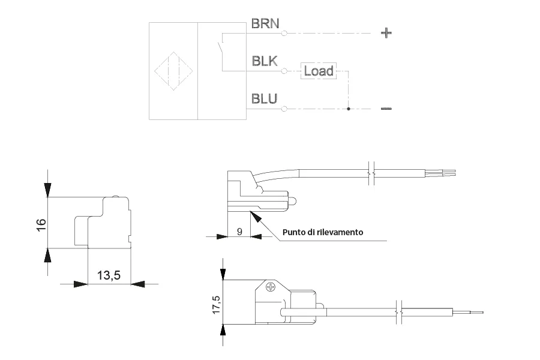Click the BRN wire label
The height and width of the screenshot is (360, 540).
click(x=265, y=23)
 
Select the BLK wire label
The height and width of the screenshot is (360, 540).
click(x=265, y=61)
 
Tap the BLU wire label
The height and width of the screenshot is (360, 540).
click(x=264, y=99)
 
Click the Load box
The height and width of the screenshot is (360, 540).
click(x=318, y=71)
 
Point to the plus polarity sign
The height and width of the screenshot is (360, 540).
click(x=386, y=33)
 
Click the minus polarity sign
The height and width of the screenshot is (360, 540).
click(x=386, y=109)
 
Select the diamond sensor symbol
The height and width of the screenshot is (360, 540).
click(x=173, y=71)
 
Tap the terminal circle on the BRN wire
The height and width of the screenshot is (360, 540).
click(x=284, y=34)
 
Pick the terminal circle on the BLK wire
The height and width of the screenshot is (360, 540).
click(x=284, y=71)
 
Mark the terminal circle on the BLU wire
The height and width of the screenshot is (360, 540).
click(x=284, y=109)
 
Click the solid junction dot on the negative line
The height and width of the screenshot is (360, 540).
click(x=348, y=109)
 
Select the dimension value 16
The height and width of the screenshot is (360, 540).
click(x=41, y=225)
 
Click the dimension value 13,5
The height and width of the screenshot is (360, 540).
click(x=109, y=275)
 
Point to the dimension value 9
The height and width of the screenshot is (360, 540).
click(x=239, y=232)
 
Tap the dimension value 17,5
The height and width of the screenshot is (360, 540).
click(x=216, y=305)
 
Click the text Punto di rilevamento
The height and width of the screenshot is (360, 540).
click(x=323, y=232)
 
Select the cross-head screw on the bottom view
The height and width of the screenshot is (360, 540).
click(x=271, y=287)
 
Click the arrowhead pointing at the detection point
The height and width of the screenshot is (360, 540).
click(x=255, y=217)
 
